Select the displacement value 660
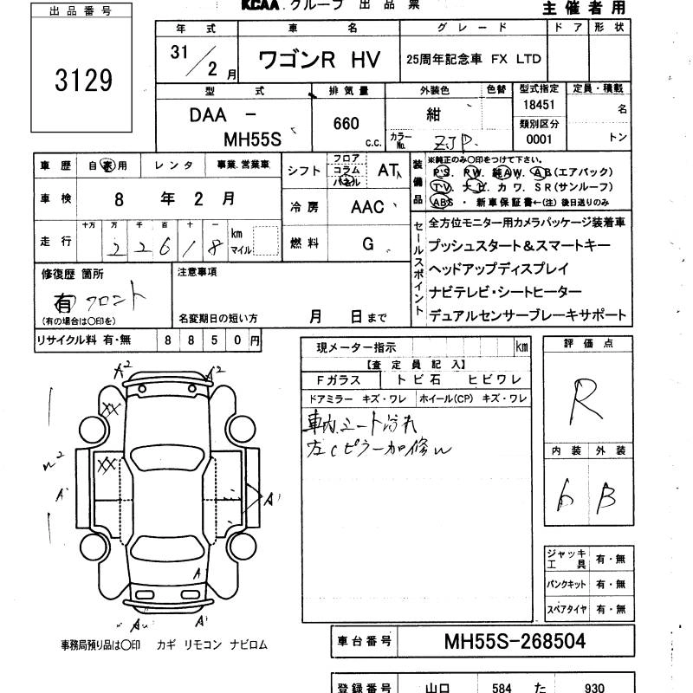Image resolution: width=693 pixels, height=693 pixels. pos(346,124)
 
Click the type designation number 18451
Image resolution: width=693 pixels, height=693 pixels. pos(539,105)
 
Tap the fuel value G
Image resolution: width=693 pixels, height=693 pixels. pos(368,245)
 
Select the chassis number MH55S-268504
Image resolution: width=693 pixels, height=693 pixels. pos(515,642)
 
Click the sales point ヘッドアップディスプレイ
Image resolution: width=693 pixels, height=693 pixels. pos(499,269)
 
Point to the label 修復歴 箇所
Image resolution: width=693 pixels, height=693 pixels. pos(73,273)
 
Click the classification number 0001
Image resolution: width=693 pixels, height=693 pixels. pos(539,139)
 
